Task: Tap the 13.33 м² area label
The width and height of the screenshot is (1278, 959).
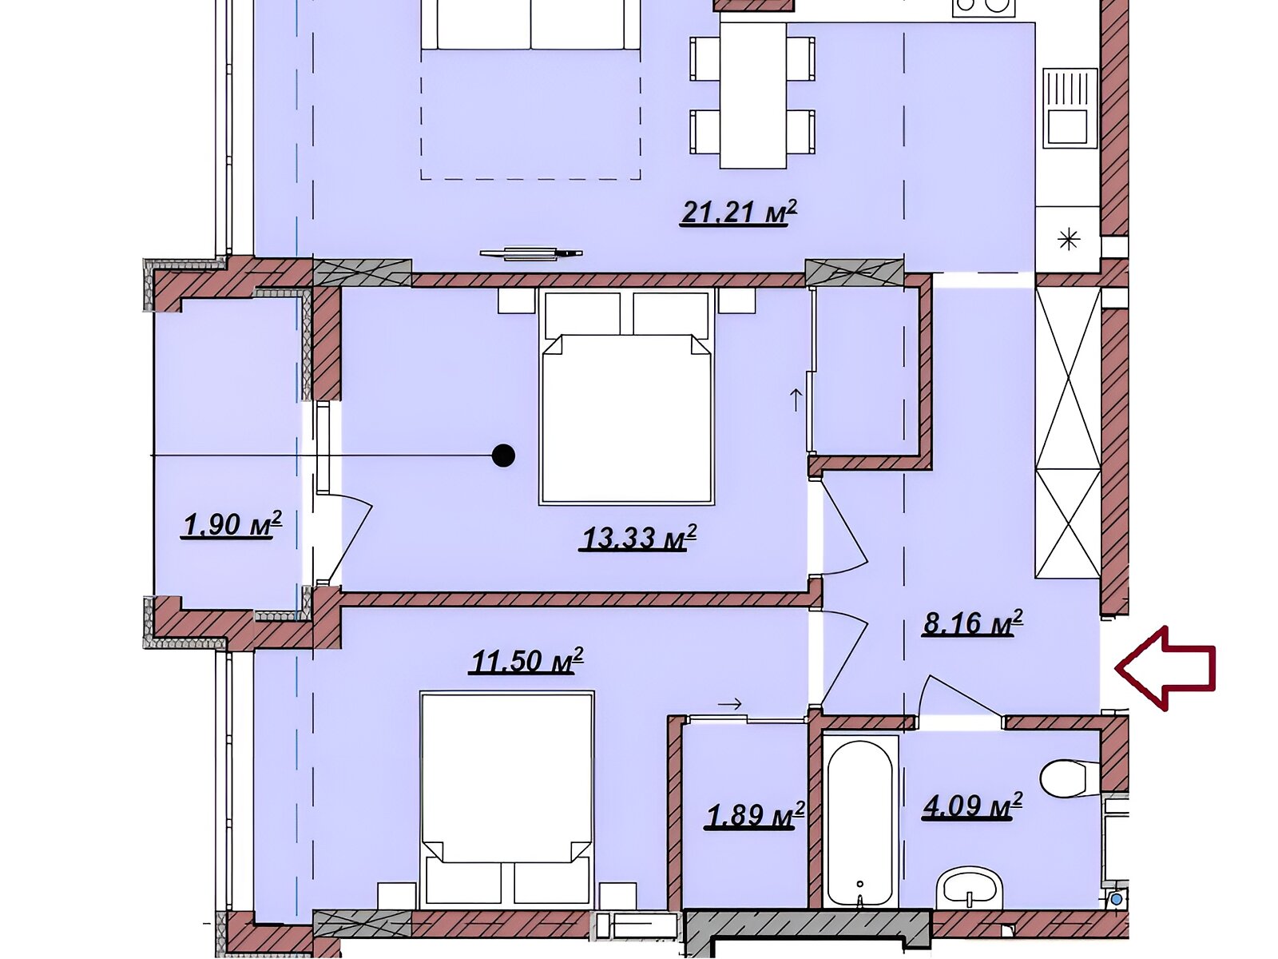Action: [638, 538]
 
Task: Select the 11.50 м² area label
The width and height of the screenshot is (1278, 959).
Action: [526, 661]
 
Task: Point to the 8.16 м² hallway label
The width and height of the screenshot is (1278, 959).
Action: [973, 623]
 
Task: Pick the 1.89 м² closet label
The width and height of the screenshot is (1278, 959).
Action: [755, 814]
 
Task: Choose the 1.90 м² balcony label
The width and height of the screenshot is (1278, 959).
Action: [232, 525]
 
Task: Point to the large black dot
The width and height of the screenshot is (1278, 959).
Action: [503, 456]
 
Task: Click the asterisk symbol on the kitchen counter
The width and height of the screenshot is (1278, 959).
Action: [1069, 240]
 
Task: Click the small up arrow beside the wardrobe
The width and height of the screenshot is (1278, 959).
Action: [796, 400]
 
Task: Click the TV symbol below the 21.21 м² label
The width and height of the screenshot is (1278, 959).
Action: [531, 253]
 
